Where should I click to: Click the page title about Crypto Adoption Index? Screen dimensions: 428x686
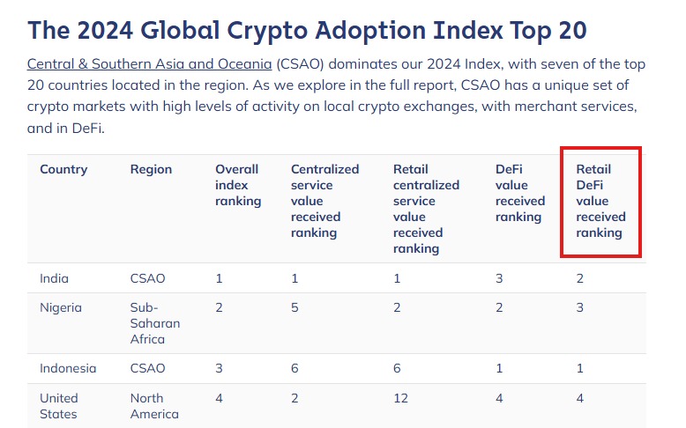307,30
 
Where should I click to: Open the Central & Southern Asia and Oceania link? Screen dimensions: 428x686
149,65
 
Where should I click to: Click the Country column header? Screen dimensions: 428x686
63,169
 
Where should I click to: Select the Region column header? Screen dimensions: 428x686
151,169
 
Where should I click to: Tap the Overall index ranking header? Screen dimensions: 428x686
238,185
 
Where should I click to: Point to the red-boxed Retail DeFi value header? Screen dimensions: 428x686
600,201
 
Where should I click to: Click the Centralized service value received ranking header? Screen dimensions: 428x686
324,201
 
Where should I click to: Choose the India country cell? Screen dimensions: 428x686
54,278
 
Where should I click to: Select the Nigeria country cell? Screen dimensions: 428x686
61,307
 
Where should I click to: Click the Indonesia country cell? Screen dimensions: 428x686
68,368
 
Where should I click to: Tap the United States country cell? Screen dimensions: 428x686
59,406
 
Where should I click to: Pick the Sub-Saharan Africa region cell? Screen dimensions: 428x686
155,323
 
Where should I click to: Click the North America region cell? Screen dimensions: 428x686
154,406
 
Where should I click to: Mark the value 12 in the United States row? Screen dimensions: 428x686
401,398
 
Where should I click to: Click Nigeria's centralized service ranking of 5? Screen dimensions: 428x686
295,307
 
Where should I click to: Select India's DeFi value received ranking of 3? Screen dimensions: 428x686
499,278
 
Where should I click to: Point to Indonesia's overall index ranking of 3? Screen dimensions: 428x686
220,368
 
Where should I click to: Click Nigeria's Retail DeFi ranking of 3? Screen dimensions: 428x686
580,307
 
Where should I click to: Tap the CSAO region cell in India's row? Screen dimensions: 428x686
148,278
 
